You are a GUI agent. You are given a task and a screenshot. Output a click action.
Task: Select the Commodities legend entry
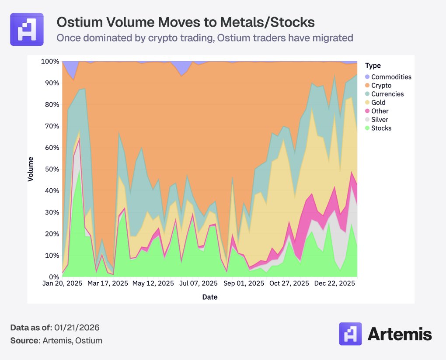(x=391, y=77)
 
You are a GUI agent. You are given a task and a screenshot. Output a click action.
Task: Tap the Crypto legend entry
(x=381, y=86)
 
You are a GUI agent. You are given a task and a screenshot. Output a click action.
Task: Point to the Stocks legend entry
(x=381, y=128)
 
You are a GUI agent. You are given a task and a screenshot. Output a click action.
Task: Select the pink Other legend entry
(x=380, y=111)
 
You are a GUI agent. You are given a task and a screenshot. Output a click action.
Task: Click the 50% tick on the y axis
(x=52, y=169)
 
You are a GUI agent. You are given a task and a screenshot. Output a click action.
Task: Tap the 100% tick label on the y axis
(x=50, y=62)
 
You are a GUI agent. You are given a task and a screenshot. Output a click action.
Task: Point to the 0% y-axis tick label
(x=53, y=277)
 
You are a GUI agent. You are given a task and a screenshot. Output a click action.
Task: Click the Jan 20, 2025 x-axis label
(x=63, y=284)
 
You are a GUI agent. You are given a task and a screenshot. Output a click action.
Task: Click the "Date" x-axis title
(x=210, y=297)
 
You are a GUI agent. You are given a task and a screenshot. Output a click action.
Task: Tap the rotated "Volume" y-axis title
(x=31, y=169)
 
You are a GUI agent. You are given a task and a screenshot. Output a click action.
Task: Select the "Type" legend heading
(x=373, y=66)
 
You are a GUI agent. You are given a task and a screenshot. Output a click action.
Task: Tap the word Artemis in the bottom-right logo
(x=400, y=334)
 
